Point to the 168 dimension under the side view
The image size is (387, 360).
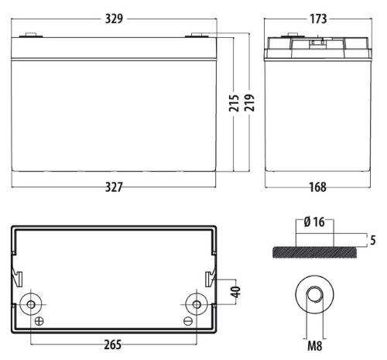tap(316, 187)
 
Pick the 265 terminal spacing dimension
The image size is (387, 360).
tap(114, 345)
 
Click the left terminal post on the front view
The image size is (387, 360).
tap(32, 34)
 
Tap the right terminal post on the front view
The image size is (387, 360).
tap(197, 34)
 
